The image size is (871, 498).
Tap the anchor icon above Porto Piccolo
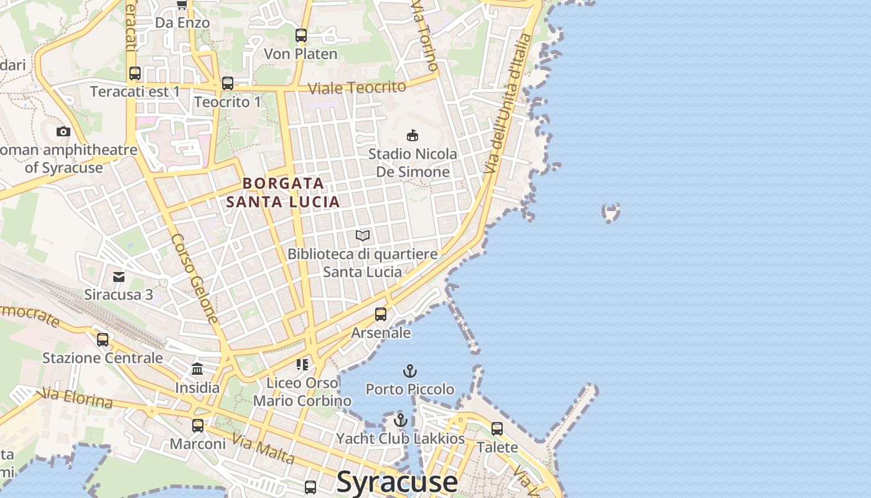pyautogui.click(x=409, y=372)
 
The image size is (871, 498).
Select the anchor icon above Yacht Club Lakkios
pyautogui.click(x=401, y=420)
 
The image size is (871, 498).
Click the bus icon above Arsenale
pyautogui.click(x=381, y=314)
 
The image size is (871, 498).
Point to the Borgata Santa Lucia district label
pyautogui.click(x=283, y=192)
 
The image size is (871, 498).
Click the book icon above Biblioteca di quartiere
pyautogui.click(x=363, y=235)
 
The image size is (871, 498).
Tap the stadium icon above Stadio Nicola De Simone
pyautogui.click(x=412, y=135)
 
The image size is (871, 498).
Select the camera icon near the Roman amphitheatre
pyautogui.click(x=63, y=131)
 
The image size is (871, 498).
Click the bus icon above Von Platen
pyautogui.click(x=301, y=35)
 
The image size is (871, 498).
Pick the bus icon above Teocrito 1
pyautogui.click(x=228, y=83)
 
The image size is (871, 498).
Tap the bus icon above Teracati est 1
pyautogui.click(x=135, y=73)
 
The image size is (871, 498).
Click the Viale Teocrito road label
pyautogui.click(x=357, y=88)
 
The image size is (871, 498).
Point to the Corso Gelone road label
pyautogui.click(x=195, y=278)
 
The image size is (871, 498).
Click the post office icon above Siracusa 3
pyautogui.click(x=118, y=276)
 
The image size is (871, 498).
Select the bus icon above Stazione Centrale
pyautogui.click(x=103, y=340)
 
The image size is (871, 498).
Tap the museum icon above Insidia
pyautogui.click(x=197, y=369)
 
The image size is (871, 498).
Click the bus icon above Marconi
pyautogui.click(x=198, y=426)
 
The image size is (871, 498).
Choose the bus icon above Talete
pyautogui.click(x=497, y=429)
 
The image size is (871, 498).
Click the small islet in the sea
pyautogui.click(x=612, y=213)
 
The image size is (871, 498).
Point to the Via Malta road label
pyautogui.click(x=263, y=449)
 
